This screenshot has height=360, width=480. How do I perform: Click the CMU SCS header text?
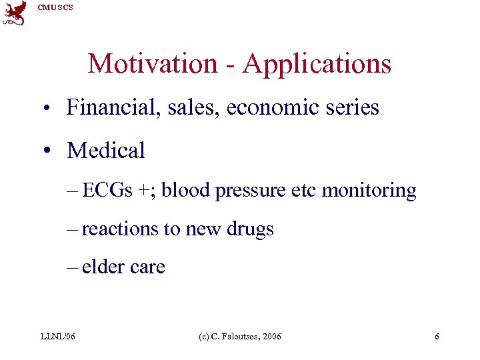point(55,7)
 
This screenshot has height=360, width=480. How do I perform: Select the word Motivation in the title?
point(153,64)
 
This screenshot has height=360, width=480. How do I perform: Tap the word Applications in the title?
point(317,64)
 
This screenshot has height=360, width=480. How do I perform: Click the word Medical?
point(106,151)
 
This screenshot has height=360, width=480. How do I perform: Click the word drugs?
point(250,229)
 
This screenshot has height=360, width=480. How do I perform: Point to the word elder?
point(103,267)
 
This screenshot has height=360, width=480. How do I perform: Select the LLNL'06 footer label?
point(57,337)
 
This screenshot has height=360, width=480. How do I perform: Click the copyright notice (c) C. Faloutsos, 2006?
point(241,337)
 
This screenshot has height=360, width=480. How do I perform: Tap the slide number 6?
point(437,337)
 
